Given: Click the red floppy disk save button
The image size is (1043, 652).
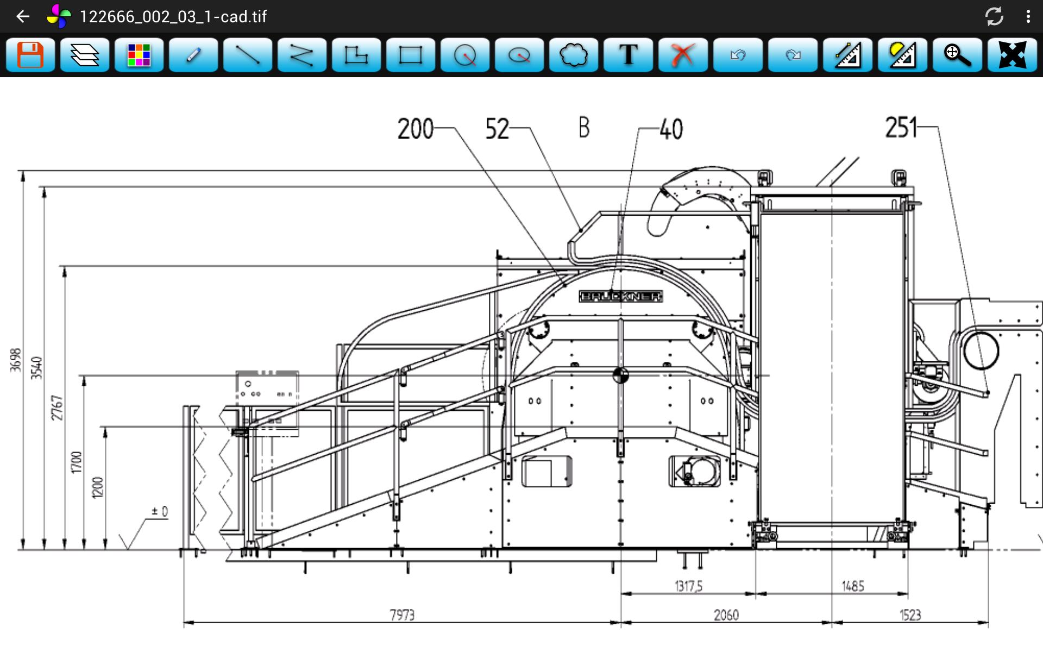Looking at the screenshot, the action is coord(30,55).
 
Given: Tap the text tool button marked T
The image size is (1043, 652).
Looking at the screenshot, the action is coord(629,55).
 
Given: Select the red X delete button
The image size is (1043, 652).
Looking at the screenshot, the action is coord(683,55).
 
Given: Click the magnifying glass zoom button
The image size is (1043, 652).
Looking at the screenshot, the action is coord(957,55).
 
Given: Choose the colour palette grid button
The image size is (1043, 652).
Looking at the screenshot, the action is coord(139,55).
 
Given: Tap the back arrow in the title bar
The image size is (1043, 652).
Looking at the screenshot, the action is coord(23,16).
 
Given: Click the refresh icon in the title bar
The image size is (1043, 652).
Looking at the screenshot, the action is coord(994,16).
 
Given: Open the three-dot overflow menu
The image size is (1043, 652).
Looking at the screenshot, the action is coord(1028,16).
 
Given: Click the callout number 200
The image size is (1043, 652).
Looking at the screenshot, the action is coord(416,129).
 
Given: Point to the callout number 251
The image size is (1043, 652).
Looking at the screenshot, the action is coord(901,128).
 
